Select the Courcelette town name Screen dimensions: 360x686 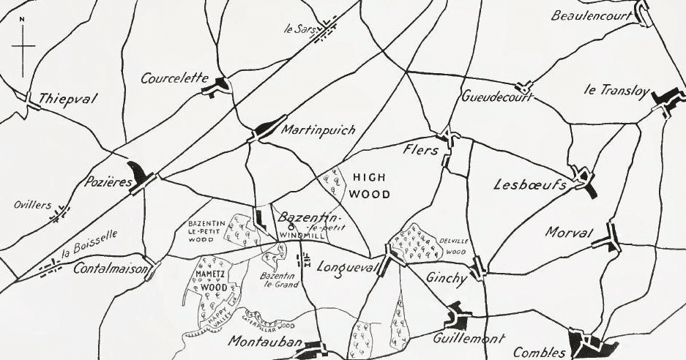pyautogui.click(x=175, y=78)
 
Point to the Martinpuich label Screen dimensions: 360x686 pyautogui.click(x=318, y=130)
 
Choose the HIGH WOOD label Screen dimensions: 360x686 pyautogui.click(x=370, y=186)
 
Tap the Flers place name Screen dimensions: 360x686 pyautogui.click(x=420, y=149)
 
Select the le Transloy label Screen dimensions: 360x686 pyautogui.click(x=616, y=90)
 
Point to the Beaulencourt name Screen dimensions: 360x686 pyautogui.click(x=592, y=15)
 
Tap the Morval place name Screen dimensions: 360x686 pyautogui.click(x=568, y=233)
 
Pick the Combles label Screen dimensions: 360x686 pyautogui.click(x=539, y=352)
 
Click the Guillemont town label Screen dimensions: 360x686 pyautogui.click(x=469, y=340)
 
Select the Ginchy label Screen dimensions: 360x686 pyautogui.click(x=446, y=278)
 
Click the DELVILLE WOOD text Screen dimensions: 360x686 pyautogui.click(x=452, y=246)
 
